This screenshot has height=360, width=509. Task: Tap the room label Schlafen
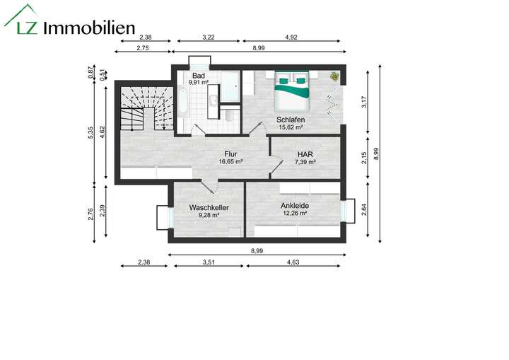pos(291,120)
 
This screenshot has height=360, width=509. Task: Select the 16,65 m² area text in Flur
pos(230,161)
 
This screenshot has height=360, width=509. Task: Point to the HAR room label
pos(305,153)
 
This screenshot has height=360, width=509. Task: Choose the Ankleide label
pos(295,206)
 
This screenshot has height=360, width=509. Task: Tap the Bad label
pos(199,76)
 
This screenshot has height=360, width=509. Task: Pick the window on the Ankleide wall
pos(347,211)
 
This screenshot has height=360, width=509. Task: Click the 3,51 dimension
pos(208,263)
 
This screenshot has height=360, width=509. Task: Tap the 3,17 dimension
pos(364,101)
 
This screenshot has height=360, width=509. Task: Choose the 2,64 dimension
pos(364,210)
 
